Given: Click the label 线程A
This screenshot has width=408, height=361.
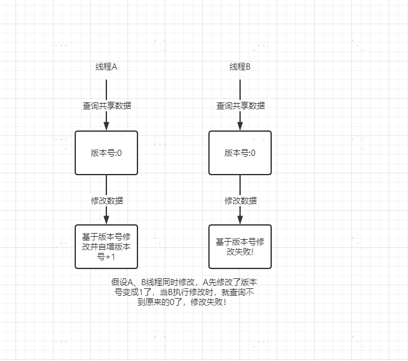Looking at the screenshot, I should [106, 67].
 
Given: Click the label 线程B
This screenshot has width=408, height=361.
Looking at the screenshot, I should [240, 67].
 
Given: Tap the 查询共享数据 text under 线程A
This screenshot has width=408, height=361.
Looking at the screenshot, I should [106, 106].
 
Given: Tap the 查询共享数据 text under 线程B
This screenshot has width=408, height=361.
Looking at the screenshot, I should [240, 106].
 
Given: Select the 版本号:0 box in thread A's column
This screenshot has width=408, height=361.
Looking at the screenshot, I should [106, 153].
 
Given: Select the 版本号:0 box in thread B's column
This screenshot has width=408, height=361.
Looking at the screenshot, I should [240, 153].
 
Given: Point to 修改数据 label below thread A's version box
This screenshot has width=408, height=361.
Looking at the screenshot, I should [106, 201].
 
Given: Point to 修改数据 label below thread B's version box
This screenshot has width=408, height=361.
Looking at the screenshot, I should [240, 201].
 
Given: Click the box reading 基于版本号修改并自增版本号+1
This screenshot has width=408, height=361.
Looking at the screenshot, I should [106, 246].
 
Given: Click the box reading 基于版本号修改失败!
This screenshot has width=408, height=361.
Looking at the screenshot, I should [240, 246].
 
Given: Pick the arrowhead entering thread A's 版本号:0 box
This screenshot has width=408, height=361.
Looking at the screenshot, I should [106, 126].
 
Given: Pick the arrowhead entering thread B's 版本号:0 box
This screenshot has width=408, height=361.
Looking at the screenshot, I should [240, 126].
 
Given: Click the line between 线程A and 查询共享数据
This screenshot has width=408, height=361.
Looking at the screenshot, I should [106, 88].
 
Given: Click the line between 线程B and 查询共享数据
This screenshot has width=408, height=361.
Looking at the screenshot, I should [240, 88].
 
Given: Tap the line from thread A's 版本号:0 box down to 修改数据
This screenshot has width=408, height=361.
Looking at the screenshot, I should [106, 185].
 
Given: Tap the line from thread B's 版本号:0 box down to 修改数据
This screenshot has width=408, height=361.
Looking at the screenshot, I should [240, 185].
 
